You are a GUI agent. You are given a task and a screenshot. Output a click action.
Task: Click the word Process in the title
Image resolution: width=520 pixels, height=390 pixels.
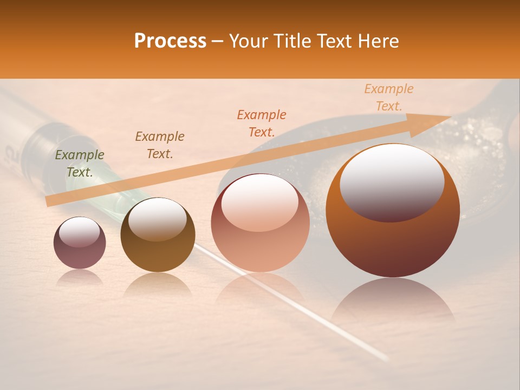coord(170,41)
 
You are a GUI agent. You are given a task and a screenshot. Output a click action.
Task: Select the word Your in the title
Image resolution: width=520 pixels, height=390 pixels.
coord(249,41)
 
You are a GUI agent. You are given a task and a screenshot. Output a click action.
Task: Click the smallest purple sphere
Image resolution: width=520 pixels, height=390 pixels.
coord(80,243)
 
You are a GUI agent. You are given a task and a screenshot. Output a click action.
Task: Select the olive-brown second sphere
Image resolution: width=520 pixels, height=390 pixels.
coord(158,235)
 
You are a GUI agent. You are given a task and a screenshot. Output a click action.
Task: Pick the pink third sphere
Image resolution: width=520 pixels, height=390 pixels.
coord(260,223)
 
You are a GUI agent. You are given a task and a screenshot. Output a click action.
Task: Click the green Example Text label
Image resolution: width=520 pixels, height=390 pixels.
coord(80,164)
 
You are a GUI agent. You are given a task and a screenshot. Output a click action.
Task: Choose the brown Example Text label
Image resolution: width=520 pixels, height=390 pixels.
coord(160,145)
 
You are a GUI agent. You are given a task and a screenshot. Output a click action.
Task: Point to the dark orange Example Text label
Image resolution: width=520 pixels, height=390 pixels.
coord(262,123)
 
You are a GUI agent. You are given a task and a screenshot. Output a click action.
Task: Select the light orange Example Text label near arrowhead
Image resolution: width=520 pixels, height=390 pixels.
coord(389,97)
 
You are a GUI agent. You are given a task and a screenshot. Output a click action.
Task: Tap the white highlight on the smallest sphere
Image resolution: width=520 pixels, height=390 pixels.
coord(79,232)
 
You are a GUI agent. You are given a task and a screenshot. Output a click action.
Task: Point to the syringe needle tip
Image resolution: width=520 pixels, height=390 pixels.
coord(386,358)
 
